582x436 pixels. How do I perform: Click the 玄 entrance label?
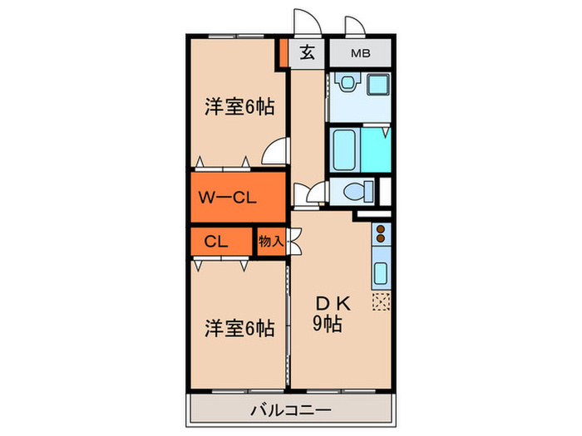click(307, 54)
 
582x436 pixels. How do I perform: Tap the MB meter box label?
click(360, 54)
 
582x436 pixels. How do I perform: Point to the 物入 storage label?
click(271, 242)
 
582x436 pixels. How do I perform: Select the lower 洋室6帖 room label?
click(239, 328)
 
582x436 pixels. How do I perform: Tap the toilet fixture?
click(355, 192)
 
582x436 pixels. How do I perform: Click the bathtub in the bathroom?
click(345, 149)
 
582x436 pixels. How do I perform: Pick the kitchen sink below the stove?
click(382, 272)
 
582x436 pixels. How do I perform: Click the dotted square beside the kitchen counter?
click(382, 301)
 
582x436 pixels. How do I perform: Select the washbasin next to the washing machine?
click(345, 84)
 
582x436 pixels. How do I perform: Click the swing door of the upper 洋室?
click(274, 153)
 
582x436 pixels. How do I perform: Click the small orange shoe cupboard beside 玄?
click(284, 55)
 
